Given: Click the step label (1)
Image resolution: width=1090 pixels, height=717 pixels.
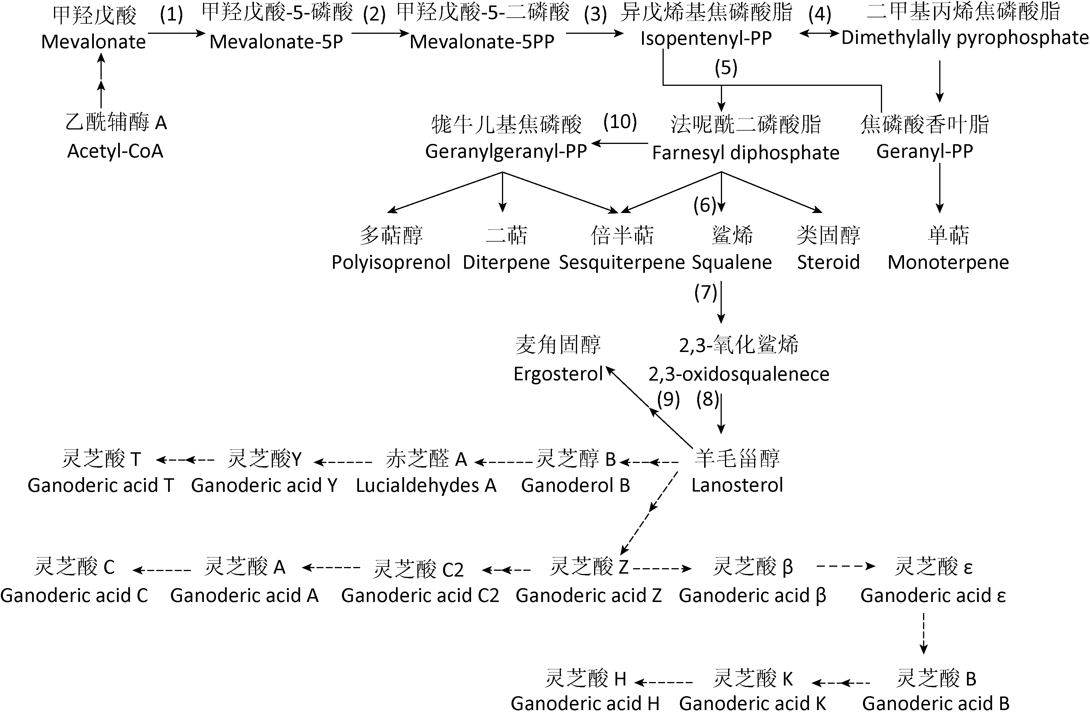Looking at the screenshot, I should click(171, 15).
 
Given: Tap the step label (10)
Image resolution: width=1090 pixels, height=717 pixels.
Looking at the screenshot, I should click(620, 122).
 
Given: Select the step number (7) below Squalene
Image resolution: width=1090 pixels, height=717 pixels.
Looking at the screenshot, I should click(705, 292).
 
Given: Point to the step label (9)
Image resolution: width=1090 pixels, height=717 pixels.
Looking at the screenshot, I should click(668, 399).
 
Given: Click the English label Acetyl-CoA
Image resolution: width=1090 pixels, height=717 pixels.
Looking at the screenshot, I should click(116, 151).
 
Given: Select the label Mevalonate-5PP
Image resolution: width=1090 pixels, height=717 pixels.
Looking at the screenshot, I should click(482, 42).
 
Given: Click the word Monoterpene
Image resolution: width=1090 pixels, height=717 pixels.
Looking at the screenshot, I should click(948, 262).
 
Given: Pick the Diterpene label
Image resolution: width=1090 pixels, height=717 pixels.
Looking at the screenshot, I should click(506, 262).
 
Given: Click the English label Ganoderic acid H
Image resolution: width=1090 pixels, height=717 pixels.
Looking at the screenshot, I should click(585, 703).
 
